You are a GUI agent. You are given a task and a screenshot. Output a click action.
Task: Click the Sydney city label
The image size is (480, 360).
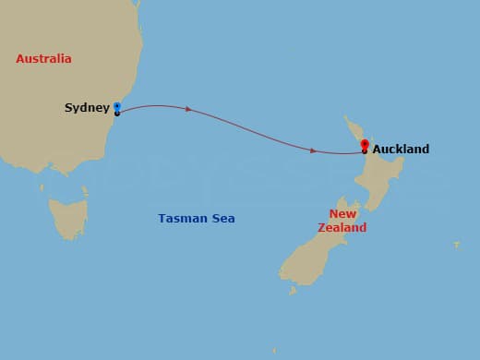tap(87, 108)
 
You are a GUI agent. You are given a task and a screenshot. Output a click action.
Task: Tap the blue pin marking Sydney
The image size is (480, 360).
tap(117, 107)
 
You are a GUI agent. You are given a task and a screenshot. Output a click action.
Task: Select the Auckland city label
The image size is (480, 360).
tap(401, 149)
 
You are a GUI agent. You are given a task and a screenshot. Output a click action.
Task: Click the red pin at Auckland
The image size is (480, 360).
tap(365, 145)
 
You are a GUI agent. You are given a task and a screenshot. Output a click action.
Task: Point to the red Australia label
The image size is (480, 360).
tap(43, 59)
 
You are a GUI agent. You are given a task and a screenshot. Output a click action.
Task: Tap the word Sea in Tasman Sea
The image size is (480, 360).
tap(222, 219)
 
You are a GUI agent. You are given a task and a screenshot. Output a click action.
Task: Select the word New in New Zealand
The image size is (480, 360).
tap(342, 214)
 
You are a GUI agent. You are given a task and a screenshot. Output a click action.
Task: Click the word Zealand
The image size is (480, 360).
tap(342, 228)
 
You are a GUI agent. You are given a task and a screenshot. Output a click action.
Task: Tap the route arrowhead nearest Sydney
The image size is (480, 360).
tap(188, 109)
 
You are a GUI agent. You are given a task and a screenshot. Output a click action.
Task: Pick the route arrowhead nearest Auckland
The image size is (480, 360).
tap(314, 150)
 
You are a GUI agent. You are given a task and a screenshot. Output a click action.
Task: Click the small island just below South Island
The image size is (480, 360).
tap(293, 290)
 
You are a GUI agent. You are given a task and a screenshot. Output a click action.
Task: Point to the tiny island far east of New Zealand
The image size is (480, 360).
tap(456, 245)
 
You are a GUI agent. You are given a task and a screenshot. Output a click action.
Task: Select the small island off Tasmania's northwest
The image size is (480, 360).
tap(42, 188)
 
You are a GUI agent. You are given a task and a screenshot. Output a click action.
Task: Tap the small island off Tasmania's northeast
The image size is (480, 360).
tap(85, 192)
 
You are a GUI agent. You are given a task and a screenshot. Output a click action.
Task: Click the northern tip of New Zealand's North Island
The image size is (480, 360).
tap(346, 118)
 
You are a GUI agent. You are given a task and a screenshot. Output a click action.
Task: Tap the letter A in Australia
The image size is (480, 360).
tap(20, 59)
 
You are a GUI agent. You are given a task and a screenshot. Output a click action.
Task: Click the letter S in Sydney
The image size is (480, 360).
tap(68, 108)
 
